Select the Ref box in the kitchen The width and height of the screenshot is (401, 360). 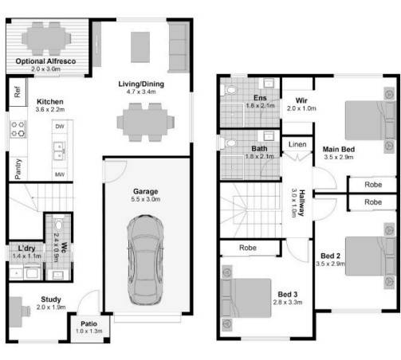pos(17,92)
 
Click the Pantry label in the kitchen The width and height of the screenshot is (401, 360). pos(17,167)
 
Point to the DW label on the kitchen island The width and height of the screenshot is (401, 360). pos(60,127)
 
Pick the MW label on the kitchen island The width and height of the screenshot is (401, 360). pos(60,174)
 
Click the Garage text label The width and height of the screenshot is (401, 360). pos(146,191)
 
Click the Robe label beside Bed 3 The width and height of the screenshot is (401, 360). pos(247,248)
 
